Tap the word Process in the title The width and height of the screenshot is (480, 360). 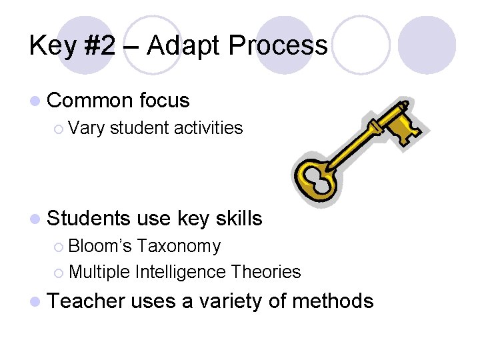pyautogui.click(x=278, y=45)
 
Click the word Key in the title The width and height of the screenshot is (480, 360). pyautogui.click(x=50, y=45)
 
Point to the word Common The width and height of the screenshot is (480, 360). pyautogui.click(x=91, y=101)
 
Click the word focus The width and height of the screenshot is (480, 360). pyautogui.click(x=165, y=101)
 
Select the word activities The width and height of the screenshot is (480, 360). pyautogui.click(x=208, y=127)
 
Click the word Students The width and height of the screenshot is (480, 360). pyautogui.click(x=89, y=218)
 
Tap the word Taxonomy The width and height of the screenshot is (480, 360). pyautogui.click(x=179, y=247)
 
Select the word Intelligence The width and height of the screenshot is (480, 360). pyautogui.click(x=180, y=272)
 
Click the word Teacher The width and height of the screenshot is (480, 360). pyautogui.click(x=87, y=301)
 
